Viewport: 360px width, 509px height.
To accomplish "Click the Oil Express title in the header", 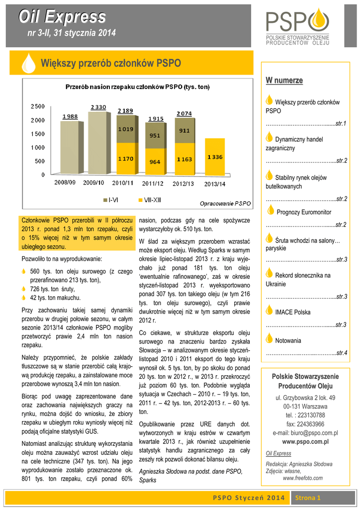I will tap(63, 17).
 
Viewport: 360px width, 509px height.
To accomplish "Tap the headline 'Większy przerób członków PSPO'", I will tap(110, 64).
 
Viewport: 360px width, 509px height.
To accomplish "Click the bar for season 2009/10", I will tap(98, 143).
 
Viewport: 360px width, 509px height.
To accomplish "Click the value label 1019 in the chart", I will tap(125, 129).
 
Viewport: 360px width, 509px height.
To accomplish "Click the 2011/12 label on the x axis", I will tap(155, 183).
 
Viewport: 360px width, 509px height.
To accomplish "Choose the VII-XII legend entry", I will tap(149, 200).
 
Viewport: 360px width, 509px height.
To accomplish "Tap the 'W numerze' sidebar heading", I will tap(284, 80).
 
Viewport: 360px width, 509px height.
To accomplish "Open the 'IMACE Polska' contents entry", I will tap(292, 312).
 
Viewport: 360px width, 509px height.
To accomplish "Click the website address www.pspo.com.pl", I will tap(305, 441).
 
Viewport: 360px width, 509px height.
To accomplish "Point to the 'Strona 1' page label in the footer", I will tap(308, 498).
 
